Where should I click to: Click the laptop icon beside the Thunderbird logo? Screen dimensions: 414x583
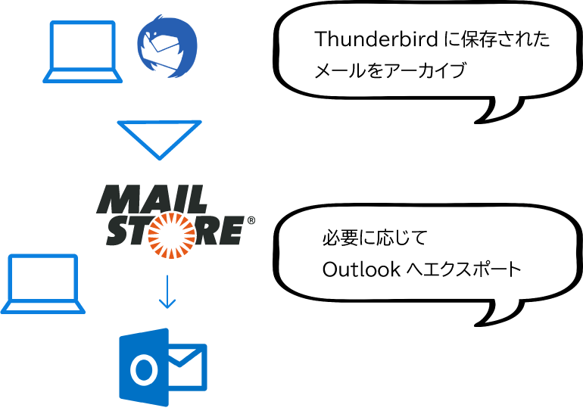82,51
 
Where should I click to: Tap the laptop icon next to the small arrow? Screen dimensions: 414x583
42,284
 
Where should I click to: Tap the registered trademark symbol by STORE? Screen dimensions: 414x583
251,220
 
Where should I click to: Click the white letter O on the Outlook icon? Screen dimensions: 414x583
142,369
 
